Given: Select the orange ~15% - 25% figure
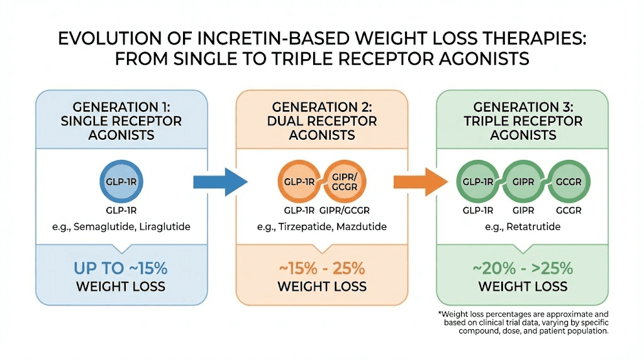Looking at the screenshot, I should (x=322, y=269).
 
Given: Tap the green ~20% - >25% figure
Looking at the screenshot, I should (x=523, y=269).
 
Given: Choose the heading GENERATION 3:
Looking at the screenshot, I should (x=523, y=106).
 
